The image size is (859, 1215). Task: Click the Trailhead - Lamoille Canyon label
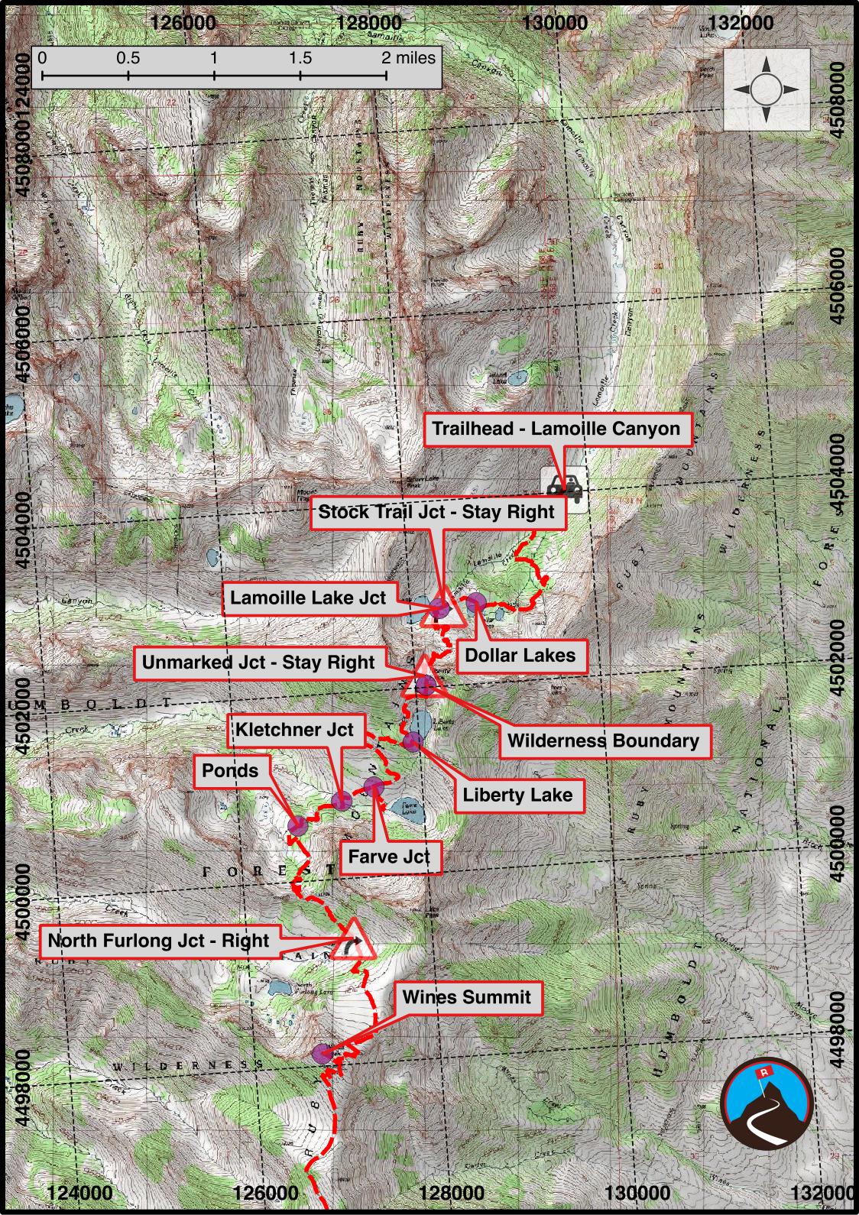pyautogui.click(x=556, y=428)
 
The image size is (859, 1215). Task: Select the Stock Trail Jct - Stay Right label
pyautogui.click(x=436, y=511)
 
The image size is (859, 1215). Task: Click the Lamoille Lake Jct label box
pyautogui.click(x=309, y=598)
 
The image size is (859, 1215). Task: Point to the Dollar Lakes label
pyautogui.click(x=520, y=655)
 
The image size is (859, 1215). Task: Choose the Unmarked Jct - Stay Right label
pyautogui.click(x=258, y=663)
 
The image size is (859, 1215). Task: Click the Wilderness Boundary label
pyautogui.click(x=603, y=740)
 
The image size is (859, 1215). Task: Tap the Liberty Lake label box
pyautogui.click(x=517, y=795)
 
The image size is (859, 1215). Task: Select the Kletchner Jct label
pyautogui.click(x=294, y=730)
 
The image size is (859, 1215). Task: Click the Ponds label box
pyautogui.click(x=230, y=771)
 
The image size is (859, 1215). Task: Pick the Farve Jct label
pyautogui.click(x=389, y=857)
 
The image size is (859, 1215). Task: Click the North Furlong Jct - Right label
pyautogui.click(x=159, y=941)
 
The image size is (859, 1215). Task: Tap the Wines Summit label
pyautogui.click(x=466, y=997)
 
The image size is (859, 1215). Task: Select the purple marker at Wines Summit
pyautogui.click(x=322, y=1054)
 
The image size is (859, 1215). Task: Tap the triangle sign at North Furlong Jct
pyautogui.click(x=355, y=941)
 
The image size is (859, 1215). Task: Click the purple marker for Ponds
pyautogui.click(x=297, y=825)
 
